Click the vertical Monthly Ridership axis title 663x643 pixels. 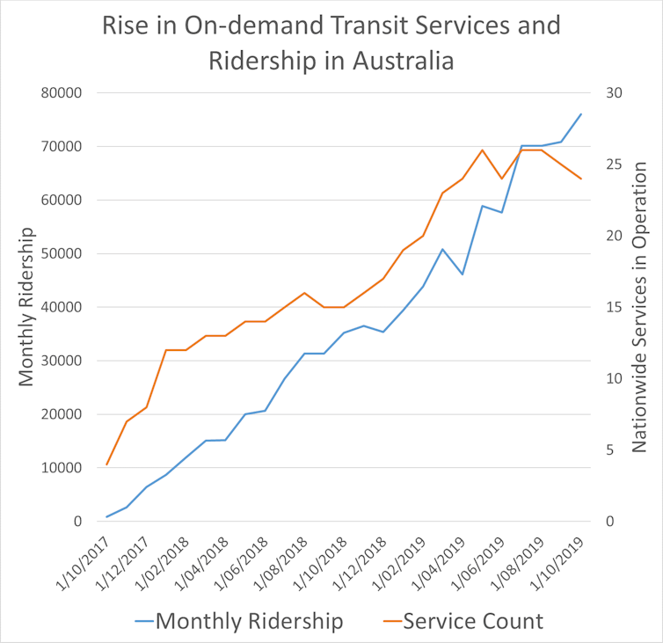point(25,306)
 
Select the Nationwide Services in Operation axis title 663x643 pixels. point(639,306)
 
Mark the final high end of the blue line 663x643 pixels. point(581,114)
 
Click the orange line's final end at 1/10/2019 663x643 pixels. point(581,179)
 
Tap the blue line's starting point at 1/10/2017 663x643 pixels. point(106,516)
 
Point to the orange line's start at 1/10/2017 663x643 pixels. point(106,464)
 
